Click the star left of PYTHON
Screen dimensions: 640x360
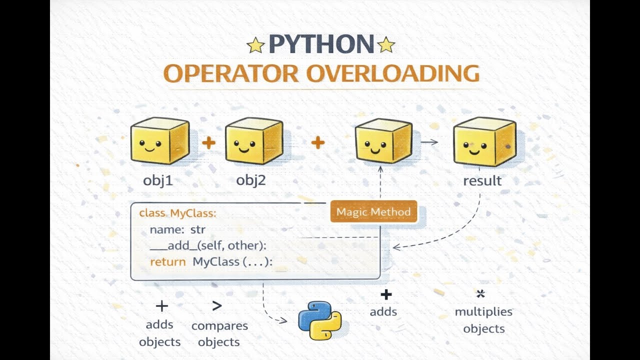[x=255, y=45]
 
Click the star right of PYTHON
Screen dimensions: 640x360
[x=386, y=44]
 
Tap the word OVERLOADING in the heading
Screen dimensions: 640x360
[x=393, y=73]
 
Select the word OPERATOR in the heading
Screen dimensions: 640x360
[x=231, y=73]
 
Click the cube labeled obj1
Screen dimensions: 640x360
[x=160, y=140]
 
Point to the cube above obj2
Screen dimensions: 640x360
[x=254, y=140]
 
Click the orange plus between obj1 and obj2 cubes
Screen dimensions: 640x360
[x=208, y=142]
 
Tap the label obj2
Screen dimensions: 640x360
[x=251, y=180]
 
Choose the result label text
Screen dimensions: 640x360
[x=482, y=181]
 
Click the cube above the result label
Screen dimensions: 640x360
[x=484, y=141]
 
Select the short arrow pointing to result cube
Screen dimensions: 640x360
[x=429, y=141]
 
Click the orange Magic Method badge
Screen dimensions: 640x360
[x=373, y=211]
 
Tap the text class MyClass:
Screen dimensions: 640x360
[x=177, y=213]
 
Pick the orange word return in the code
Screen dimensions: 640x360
[x=168, y=262]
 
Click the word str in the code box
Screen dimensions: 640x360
[x=197, y=229]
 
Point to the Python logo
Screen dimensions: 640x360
[x=319, y=320]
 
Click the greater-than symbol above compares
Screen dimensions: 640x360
[x=217, y=305]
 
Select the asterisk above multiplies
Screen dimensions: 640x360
[x=480, y=293]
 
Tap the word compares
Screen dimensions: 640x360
[x=219, y=326]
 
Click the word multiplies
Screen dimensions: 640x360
[x=483, y=312]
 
